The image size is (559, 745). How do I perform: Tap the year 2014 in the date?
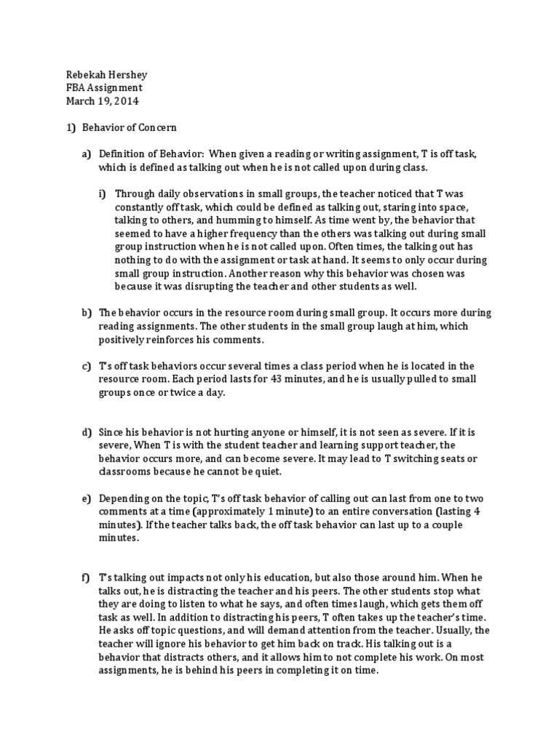(x=125, y=101)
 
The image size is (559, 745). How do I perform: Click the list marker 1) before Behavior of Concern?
(x=71, y=127)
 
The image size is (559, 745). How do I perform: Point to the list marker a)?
(x=86, y=154)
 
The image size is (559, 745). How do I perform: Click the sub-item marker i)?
(x=102, y=193)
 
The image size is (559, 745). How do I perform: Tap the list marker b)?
(x=86, y=312)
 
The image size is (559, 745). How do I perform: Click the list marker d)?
(x=86, y=433)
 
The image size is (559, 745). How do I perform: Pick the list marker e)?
(x=86, y=498)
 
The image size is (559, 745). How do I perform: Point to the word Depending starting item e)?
(x=124, y=498)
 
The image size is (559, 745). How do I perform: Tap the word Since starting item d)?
(x=111, y=433)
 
